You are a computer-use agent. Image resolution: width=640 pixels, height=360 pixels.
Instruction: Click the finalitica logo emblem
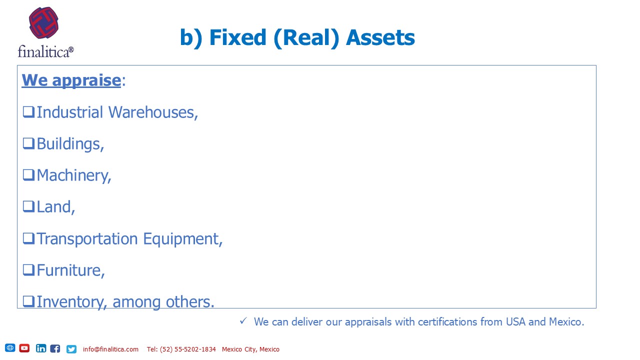43,23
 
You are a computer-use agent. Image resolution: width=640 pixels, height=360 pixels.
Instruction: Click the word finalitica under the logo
45,51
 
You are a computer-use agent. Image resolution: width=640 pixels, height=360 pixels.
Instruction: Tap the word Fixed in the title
237,37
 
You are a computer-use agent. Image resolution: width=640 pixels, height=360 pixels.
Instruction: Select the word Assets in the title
380,37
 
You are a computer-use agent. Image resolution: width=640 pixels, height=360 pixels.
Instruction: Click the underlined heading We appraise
71,80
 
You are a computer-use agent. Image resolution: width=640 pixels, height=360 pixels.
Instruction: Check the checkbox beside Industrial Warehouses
28,112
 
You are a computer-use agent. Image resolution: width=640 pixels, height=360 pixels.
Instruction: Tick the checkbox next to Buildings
28,143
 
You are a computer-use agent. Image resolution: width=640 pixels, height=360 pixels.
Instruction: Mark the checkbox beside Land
28,206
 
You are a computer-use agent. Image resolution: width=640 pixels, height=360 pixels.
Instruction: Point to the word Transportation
87,239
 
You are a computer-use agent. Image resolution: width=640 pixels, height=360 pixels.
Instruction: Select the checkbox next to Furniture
28,270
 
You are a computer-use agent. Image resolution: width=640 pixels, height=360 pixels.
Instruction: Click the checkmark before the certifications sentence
243,321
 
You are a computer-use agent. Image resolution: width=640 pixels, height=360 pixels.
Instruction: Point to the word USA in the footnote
515,321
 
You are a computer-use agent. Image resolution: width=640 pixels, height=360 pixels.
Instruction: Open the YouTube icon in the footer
24,348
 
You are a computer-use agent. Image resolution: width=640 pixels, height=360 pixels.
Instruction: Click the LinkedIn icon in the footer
41,348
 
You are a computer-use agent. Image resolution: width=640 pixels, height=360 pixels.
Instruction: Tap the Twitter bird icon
71,349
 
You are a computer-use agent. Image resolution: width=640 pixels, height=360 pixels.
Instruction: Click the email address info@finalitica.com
110,349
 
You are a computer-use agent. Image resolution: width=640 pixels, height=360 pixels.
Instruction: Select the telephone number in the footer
181,349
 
